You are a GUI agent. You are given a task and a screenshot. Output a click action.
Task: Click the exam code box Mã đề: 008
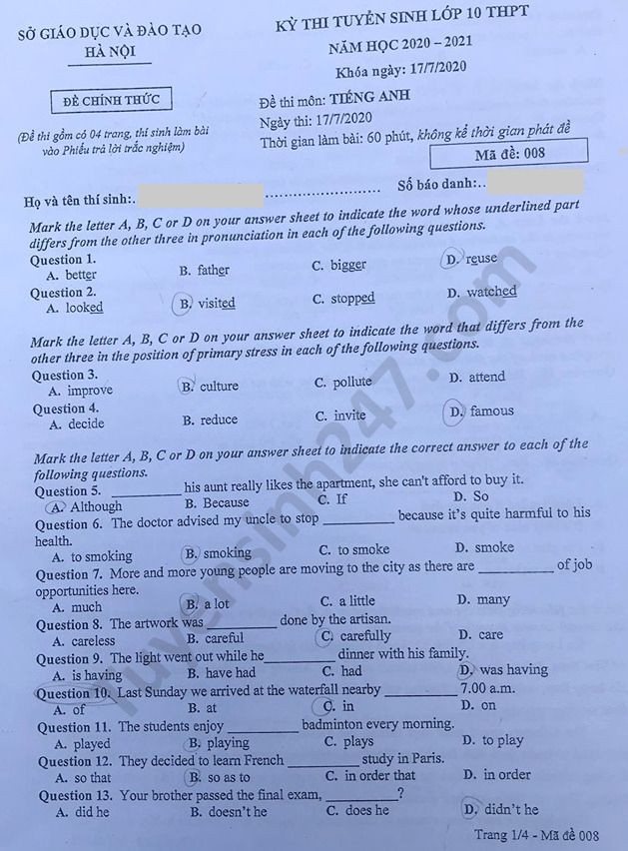[508, 153]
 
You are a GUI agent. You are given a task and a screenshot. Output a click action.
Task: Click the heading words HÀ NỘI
[110, 52]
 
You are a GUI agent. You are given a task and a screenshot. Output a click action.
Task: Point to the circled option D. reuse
[471, 259]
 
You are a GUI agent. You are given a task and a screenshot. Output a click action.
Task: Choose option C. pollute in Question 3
[343, 383]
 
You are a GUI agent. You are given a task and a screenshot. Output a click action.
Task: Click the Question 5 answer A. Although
[85, 506]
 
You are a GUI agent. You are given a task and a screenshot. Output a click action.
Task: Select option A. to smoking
[91, 556]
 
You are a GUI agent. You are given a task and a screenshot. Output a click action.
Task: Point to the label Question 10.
[74, 692]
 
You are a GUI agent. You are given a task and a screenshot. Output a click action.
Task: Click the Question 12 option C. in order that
[370, 775]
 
